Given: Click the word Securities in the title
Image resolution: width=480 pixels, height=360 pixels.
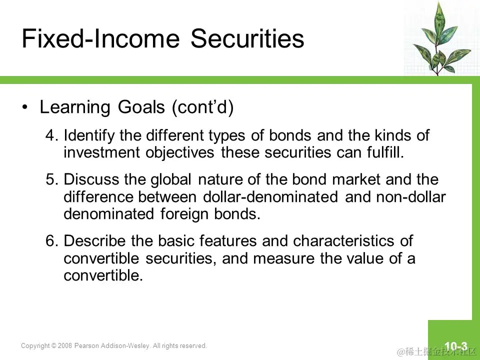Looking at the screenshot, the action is [x=247, y=38].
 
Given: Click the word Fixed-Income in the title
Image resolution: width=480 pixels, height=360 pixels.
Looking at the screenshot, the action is [x=100, y=38].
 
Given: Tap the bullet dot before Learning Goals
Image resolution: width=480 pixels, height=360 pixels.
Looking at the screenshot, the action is [x=25, y=107].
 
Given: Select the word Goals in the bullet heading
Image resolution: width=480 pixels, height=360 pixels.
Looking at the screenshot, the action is [x=141, y=107].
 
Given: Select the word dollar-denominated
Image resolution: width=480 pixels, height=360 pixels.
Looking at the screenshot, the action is [x=270, y=196].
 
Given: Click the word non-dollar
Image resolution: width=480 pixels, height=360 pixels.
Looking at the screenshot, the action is [x=411, y=196].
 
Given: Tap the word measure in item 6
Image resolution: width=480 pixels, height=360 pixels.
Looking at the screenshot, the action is [x=284, y=258].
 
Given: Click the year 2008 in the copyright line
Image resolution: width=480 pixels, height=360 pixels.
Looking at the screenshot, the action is [x=65, y=345].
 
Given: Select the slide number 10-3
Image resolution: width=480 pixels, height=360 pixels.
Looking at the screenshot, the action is [x=456, y=346].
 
